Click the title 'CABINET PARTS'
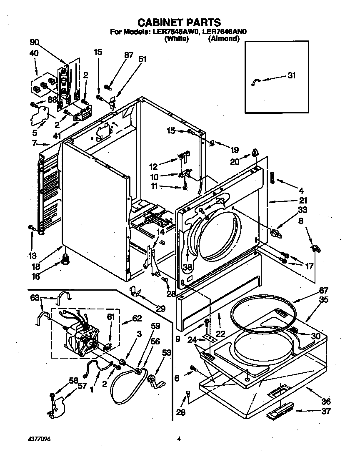click(179, 22)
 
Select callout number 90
click(35, 42)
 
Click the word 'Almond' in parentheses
click(224, 39)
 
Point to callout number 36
click(326, 402)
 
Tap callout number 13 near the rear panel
click(32, 256)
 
